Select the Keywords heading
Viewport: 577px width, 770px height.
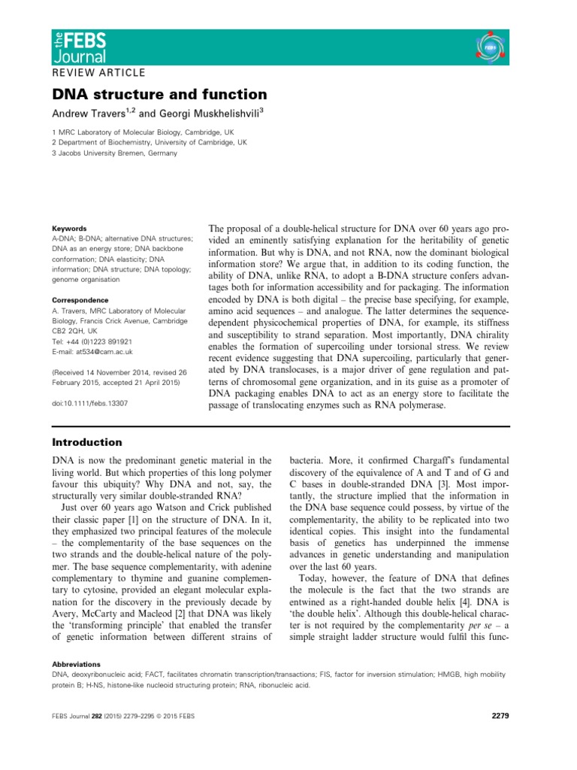click(x=68, y=228)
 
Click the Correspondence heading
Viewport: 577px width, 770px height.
click(x=79, y=299)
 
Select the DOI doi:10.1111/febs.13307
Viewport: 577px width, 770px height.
click(x=89, y=403)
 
